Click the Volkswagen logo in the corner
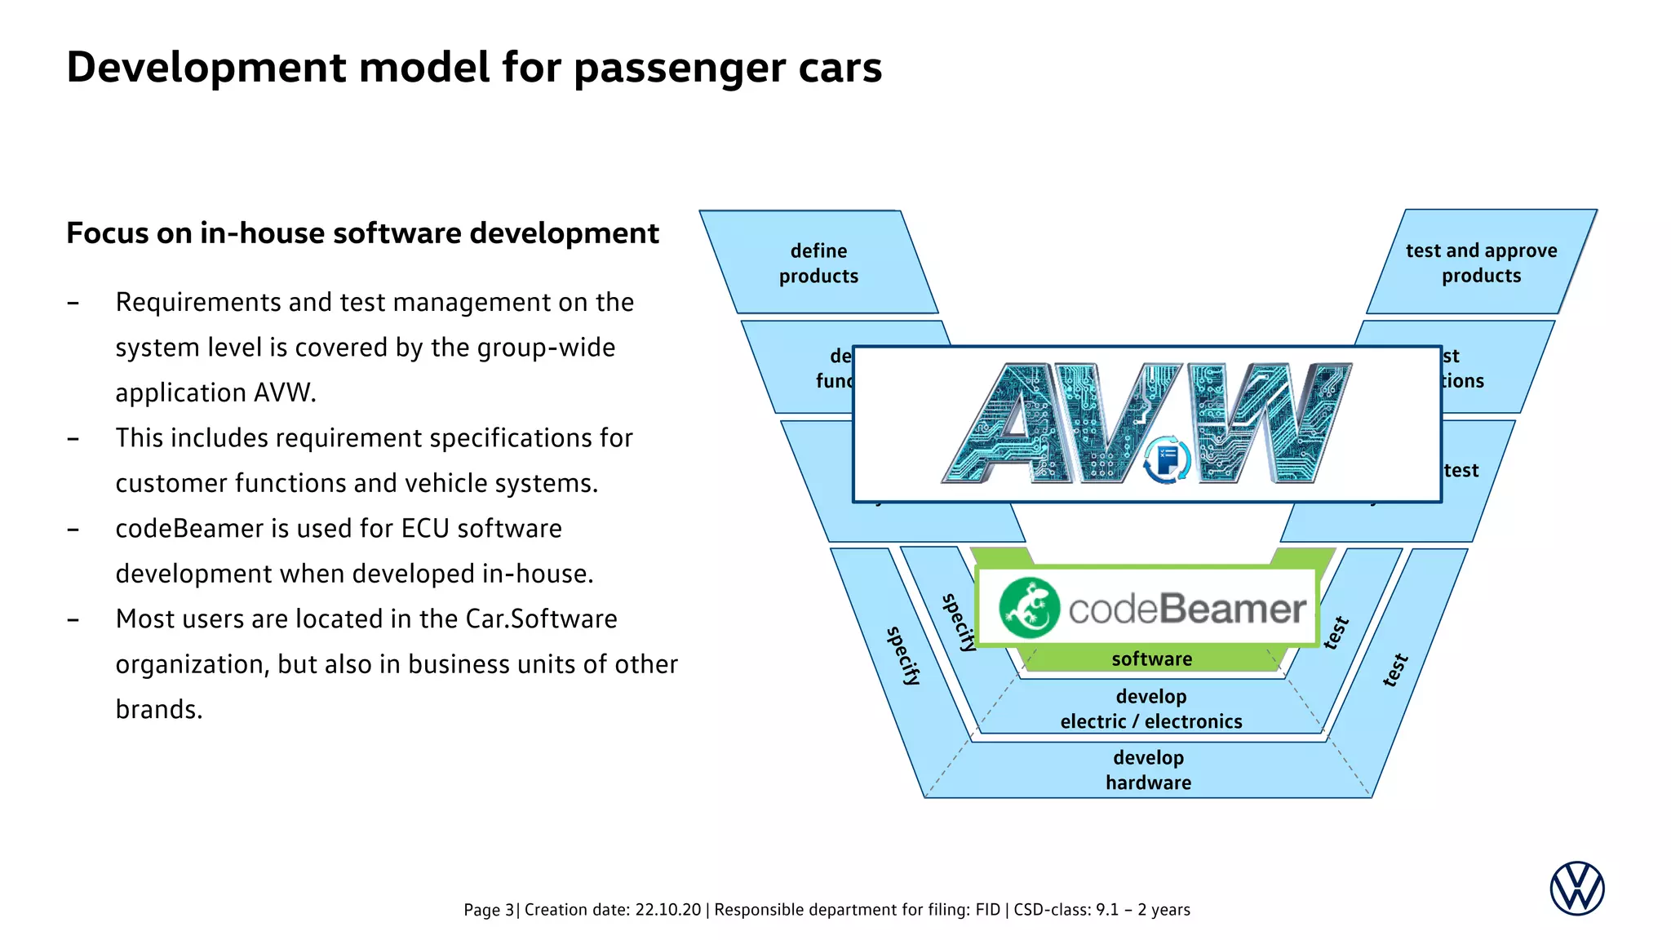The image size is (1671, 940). (x=1576, y=888)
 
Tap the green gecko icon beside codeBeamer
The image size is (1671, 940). (x=1029, y=608)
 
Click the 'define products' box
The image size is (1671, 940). (x=818, y=263)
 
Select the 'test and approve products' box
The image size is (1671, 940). (x=1481, y=263)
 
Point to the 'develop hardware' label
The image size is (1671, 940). (x=1148, y=769)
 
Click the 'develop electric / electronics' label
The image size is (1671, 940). (x=1150, y=708)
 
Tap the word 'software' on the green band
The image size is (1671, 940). (x=1151, y=658)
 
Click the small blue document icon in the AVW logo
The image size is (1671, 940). (x=1166, y=459)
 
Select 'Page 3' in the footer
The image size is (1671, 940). (x=489, y=910)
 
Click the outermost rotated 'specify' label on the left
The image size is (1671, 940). (x=904, y=655)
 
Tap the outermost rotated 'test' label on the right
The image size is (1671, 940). (x=1394, y=670)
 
